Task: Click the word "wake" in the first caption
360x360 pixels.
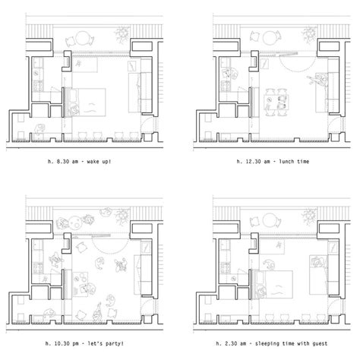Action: [93, 162]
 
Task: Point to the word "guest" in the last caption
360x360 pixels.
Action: [320, 343]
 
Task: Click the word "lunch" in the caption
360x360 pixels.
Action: [286, 162]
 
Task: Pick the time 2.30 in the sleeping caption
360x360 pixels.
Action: [232, 343]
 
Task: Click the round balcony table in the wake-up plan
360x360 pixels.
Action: [82, 38]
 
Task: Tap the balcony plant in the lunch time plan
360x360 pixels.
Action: [309, 35]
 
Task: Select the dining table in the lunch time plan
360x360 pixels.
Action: [276, 103]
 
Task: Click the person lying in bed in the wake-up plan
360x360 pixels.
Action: [74, 110]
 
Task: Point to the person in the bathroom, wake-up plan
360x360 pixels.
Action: [39, 129]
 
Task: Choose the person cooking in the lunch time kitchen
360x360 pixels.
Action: [230, 73]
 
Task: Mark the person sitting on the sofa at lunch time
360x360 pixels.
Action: [318, 79]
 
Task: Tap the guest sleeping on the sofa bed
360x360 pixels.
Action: [318, 262]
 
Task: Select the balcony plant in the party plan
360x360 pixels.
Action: [122, 216]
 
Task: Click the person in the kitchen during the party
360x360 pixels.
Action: [55, 261]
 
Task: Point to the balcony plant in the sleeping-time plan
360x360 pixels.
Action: [309, 216]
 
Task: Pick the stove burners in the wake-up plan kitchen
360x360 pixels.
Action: [39, 87]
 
